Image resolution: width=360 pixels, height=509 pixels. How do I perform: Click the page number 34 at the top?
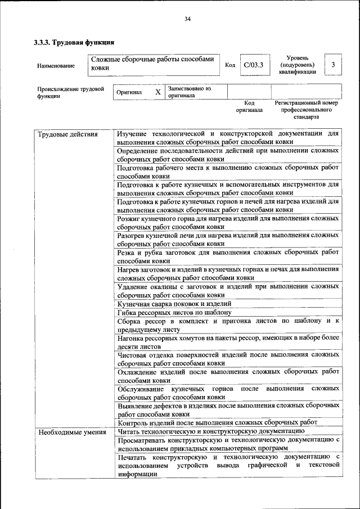[x=188, y=19]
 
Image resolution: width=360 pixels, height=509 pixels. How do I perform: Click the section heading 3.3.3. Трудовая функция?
[x=74, y=42]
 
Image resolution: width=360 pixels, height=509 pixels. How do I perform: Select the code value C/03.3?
[x=253, y=65]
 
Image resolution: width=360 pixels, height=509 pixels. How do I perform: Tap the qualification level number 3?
[x=333, y=65]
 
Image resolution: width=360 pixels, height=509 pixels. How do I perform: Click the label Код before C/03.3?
[x=229, y=65]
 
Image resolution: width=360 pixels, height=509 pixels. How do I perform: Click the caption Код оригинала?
[x=249, y=107]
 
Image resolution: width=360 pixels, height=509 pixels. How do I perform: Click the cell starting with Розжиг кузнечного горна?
[x=228, y=222]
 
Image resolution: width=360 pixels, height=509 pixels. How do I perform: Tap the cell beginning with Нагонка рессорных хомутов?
[x=228, y=343]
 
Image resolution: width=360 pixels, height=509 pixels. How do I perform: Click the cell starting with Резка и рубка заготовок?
[x=228, y=257]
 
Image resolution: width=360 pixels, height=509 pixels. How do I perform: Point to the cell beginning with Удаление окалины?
[x=228, y=290]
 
